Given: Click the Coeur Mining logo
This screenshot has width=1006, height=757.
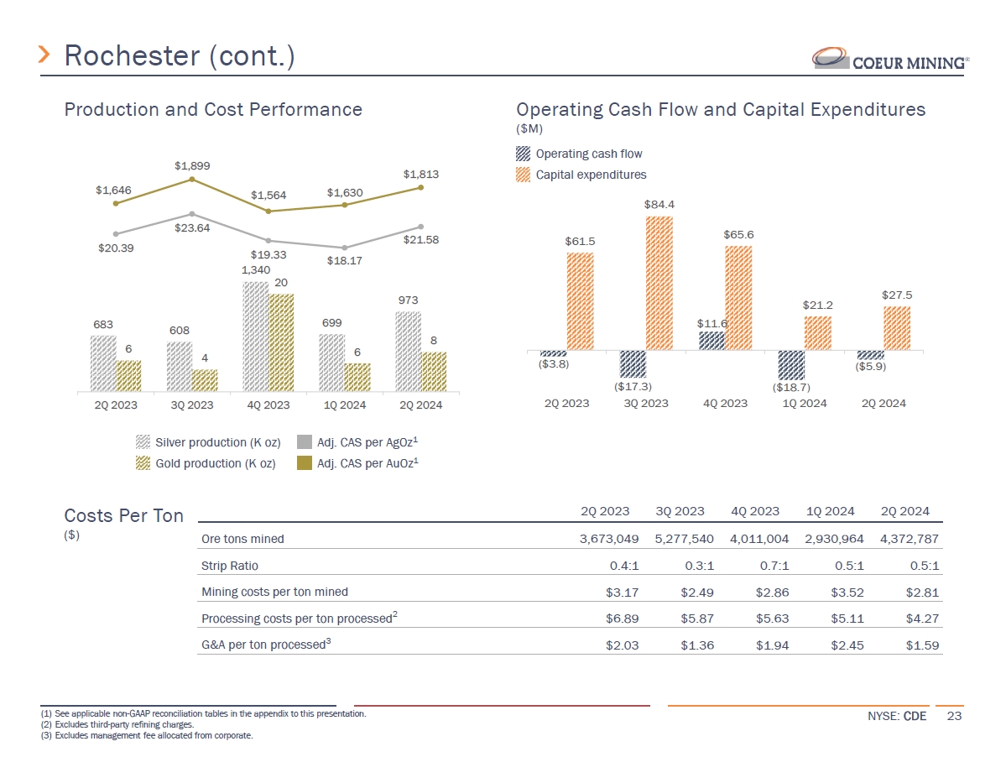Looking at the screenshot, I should tap(890, 60).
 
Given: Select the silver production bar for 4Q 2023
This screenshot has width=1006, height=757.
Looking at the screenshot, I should tap(255, 336).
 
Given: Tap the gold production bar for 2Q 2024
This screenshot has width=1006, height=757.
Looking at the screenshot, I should tap(434, 371).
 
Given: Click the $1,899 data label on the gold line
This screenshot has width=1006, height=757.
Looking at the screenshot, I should tap(191, 165).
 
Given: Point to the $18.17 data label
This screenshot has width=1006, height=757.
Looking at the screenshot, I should tap(345, 260).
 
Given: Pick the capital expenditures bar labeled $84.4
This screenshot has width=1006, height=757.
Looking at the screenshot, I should tap(659, 283).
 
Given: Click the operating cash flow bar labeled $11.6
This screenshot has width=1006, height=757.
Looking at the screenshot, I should tap(711, 341).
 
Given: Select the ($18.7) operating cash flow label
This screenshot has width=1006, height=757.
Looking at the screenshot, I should tap(791, 387).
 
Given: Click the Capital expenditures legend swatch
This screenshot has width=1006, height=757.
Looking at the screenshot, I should tap(523, 175).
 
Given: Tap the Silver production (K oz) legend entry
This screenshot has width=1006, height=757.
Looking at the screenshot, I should tap(208, 441).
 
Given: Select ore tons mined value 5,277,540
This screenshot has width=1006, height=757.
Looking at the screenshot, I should tap(684, 538).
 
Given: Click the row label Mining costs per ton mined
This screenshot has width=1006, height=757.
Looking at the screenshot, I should tap(274, 592).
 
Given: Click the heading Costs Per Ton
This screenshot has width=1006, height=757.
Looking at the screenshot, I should tap(124, 516).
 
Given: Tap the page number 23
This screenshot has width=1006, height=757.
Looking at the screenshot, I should tap(953, 716).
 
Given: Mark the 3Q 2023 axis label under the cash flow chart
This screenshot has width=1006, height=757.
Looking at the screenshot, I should tap(646, 403).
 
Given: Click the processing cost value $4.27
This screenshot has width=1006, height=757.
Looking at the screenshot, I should tap(923, 619).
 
